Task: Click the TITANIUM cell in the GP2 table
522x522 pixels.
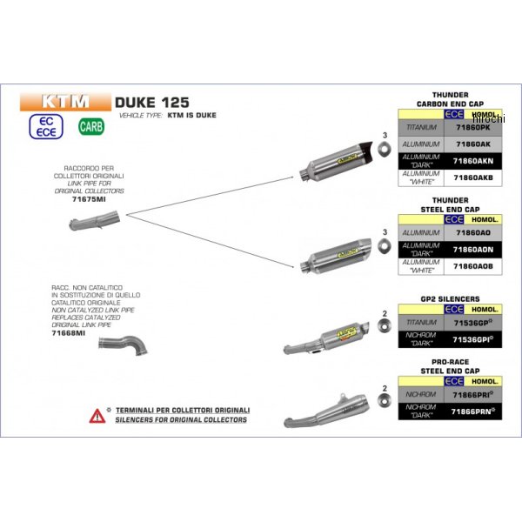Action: pos(420,321)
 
